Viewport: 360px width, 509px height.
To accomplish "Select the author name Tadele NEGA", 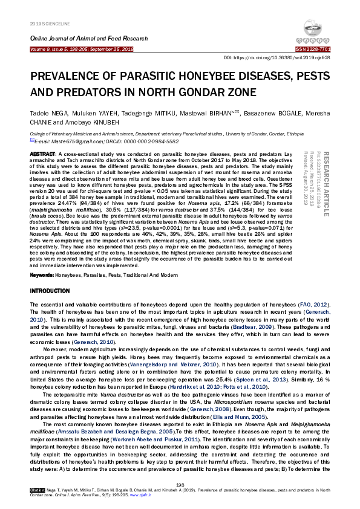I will point(49,114).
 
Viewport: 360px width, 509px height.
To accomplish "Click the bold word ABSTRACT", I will point(42,155).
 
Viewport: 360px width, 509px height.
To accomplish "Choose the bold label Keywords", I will point(42,275).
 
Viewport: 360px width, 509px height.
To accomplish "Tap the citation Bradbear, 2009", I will point(246,326).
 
